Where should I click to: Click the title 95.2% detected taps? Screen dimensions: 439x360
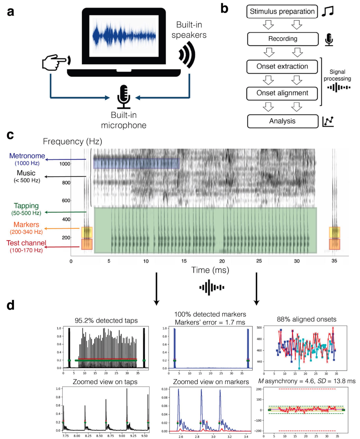(102, 321)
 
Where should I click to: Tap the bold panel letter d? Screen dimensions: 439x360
(11, 305)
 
